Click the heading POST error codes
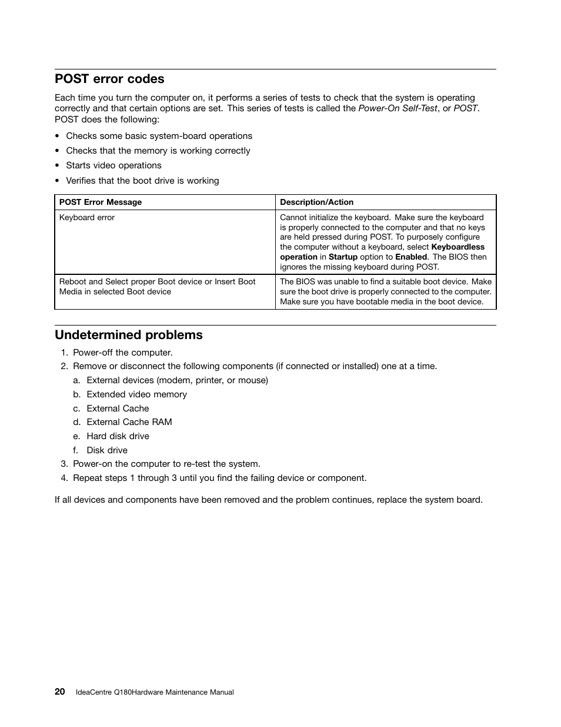109,79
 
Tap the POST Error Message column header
101,202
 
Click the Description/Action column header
316,202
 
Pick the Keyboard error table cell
87,218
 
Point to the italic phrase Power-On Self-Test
398,108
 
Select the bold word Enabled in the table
410,257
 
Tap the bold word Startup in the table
343,257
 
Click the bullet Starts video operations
113,165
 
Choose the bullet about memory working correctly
158,151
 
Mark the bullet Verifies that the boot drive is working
142,181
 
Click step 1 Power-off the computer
122,353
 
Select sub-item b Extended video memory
136,394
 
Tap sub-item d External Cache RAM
129,422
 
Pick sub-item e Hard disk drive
118,436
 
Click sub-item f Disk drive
107,450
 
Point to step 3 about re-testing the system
166,464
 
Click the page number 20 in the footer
60,692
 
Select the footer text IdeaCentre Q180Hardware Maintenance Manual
155,692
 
